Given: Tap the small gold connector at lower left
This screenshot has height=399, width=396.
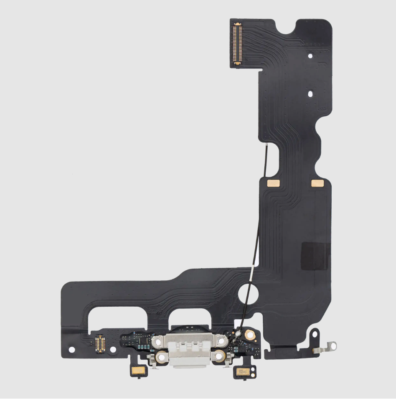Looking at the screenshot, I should pos(99,343).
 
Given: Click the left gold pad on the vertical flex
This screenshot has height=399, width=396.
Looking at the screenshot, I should pos(272,183).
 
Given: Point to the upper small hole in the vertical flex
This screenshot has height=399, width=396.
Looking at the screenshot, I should pos(310,55).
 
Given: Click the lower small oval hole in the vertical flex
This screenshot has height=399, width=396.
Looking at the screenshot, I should pos(310,94).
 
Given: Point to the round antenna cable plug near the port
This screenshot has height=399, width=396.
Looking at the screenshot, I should pos(238,334).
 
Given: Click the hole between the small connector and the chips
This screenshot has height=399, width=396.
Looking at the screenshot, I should pos(112,349).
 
